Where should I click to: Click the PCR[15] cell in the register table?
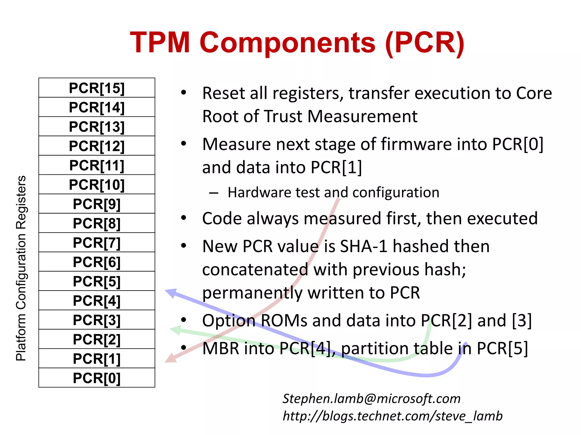coord(97,88)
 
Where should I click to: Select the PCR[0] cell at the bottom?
coord(97,378)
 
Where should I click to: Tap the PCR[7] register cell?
coord(97,242)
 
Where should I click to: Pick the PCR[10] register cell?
coord(97,184)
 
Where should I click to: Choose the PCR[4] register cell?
coord(97,300)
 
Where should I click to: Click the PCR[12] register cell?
coord(97,146)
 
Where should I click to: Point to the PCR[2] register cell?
coord(97,339)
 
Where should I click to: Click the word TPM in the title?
coord(160,42)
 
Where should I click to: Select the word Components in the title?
coord(288,42)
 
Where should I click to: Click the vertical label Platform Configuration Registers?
coord(21,268)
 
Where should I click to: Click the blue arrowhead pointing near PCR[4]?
coord(171,293)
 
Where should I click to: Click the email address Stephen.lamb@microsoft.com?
coord(371,398)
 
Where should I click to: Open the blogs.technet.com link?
coord(393,416)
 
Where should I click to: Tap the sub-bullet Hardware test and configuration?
coord(333,193)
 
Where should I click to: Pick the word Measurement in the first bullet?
coord(362,116)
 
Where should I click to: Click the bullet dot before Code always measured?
coord(184,218)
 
